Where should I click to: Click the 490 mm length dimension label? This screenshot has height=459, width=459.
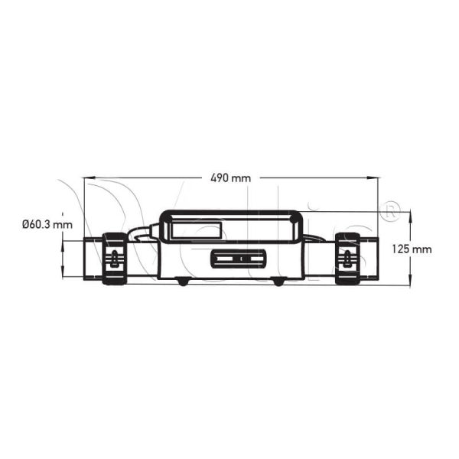(231, 178)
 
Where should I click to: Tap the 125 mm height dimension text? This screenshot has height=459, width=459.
(412, 249)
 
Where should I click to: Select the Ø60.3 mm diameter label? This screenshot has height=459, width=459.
(47, 224)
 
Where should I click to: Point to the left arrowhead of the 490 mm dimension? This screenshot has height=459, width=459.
(90, 177)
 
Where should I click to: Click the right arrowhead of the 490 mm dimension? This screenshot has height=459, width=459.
(373, 177)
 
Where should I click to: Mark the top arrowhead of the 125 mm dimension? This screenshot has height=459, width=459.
(410, 216)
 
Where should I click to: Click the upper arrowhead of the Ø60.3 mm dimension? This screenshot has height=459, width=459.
(63, 246)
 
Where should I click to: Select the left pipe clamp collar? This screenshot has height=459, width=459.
(115, 259)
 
